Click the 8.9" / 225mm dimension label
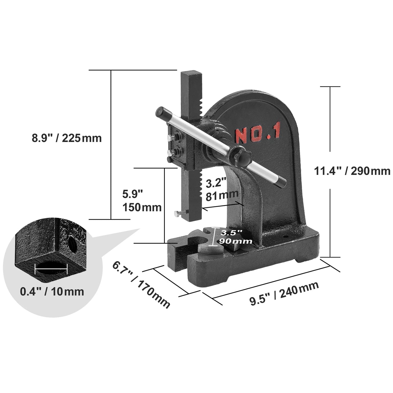coord(67,138)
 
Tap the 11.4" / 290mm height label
coord(352,171)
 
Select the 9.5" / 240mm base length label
coord(284,293)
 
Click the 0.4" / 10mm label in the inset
coord(52,292)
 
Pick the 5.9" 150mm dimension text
coord(141,201)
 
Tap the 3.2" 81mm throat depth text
coord(222,190)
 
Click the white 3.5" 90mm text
coord(236,237)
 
